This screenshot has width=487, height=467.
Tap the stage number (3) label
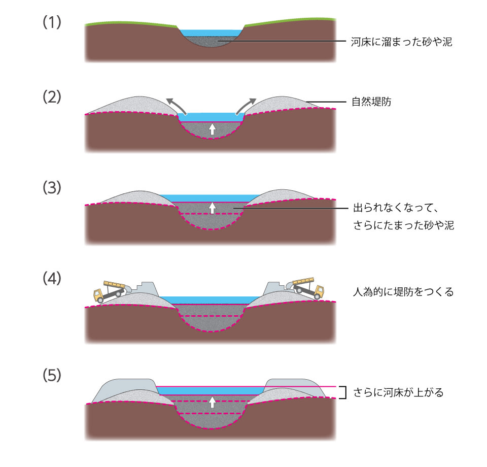tap(52, 187)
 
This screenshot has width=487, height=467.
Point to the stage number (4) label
tap(52, 279)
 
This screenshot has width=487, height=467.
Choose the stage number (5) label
tap(52, 375)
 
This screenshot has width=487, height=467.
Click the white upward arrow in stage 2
tap(212, 129)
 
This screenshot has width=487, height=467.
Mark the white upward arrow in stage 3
tap(212, 207)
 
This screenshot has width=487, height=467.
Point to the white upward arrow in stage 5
tap(212, 402)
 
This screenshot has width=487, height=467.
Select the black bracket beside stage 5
tap(343, 392)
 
